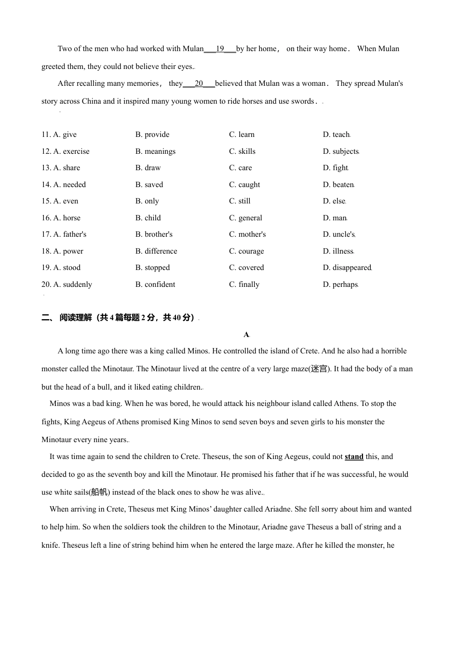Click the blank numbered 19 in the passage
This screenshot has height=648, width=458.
pos(220,49)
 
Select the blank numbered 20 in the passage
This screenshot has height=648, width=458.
pos(199,83)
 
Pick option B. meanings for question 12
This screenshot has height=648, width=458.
pos(155,151)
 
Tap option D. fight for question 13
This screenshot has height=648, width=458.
pos(335,168)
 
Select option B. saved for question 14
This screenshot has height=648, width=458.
pos(149,185)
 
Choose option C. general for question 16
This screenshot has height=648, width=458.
pos(245,218)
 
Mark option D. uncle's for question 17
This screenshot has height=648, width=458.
pos(338,234)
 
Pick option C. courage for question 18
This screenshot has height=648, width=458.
pos(246,251)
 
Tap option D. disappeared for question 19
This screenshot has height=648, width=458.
pos(347,268)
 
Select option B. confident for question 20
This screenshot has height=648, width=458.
pos(155,284)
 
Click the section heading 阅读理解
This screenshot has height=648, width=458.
pos(76,318)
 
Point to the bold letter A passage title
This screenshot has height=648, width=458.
pos(246,335)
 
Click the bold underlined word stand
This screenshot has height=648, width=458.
pos(354,457)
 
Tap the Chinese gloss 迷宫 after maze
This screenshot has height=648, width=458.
pos(319,369)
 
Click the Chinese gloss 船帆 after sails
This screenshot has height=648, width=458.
pos(99,492)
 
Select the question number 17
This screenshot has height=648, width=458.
pos(46,234)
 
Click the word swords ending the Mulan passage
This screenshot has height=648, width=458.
pos(302,101)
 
